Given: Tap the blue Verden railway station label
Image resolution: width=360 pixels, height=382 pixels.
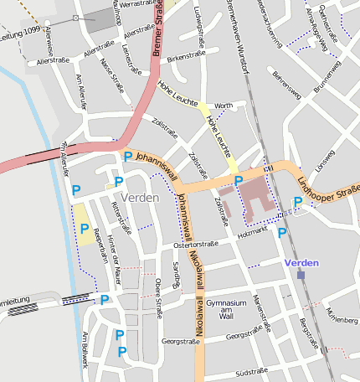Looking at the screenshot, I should tap(301, 263).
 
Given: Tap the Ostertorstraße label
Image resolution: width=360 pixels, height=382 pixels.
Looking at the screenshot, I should tap(195, 245).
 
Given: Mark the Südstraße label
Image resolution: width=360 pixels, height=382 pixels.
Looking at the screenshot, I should tap(252, 370).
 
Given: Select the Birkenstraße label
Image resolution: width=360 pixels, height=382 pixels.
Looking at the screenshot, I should tap(185, 59).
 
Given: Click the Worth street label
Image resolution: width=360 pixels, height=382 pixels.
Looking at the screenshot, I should tap(223, 106).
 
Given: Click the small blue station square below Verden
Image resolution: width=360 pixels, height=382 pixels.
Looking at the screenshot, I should tap(301, 274).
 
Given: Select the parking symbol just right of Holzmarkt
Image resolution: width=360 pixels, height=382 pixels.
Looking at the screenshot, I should tap(282, 232).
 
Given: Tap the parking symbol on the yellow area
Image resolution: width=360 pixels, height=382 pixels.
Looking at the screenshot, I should tap(84, 228).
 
